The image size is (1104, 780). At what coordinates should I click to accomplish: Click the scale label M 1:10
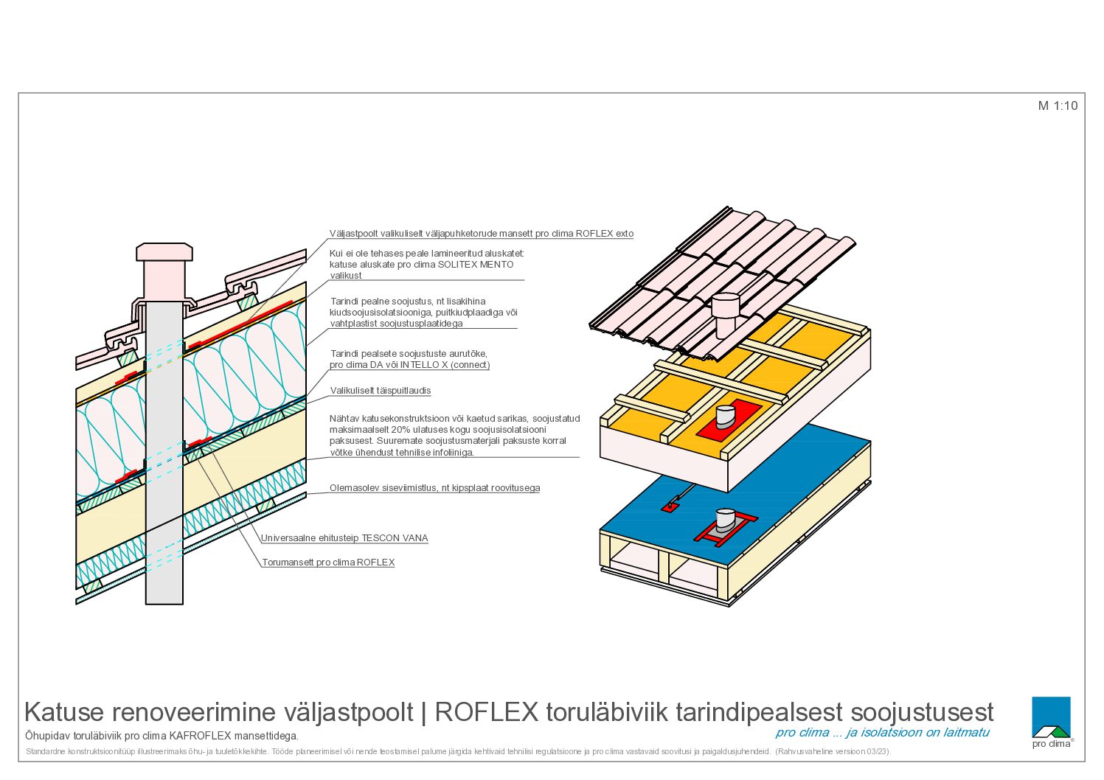[1058, 106]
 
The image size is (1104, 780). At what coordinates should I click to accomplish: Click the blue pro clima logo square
[1051, 717]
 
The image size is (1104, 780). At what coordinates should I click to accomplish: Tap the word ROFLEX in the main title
[486, 712]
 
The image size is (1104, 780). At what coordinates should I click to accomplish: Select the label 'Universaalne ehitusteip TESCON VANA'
[344, 538]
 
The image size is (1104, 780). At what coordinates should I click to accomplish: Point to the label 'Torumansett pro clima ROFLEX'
[328, 563]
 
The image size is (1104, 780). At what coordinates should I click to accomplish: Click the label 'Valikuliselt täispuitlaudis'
[381, 391]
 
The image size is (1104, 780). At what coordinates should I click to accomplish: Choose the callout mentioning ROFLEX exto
[482, 234]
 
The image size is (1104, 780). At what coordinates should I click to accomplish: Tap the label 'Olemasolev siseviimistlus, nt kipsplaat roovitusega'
[434, 488]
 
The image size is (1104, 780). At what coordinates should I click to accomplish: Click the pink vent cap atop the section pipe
[164, 251]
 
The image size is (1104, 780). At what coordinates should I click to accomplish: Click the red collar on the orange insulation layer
[729, 419]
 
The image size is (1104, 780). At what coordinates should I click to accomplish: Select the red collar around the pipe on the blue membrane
[726, 529]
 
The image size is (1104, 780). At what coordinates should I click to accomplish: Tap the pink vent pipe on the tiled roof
[726, 316]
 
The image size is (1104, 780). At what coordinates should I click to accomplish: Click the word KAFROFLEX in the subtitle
[200, 737]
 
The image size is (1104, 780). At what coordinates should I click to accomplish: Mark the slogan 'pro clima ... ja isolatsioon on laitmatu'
[882, 733]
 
